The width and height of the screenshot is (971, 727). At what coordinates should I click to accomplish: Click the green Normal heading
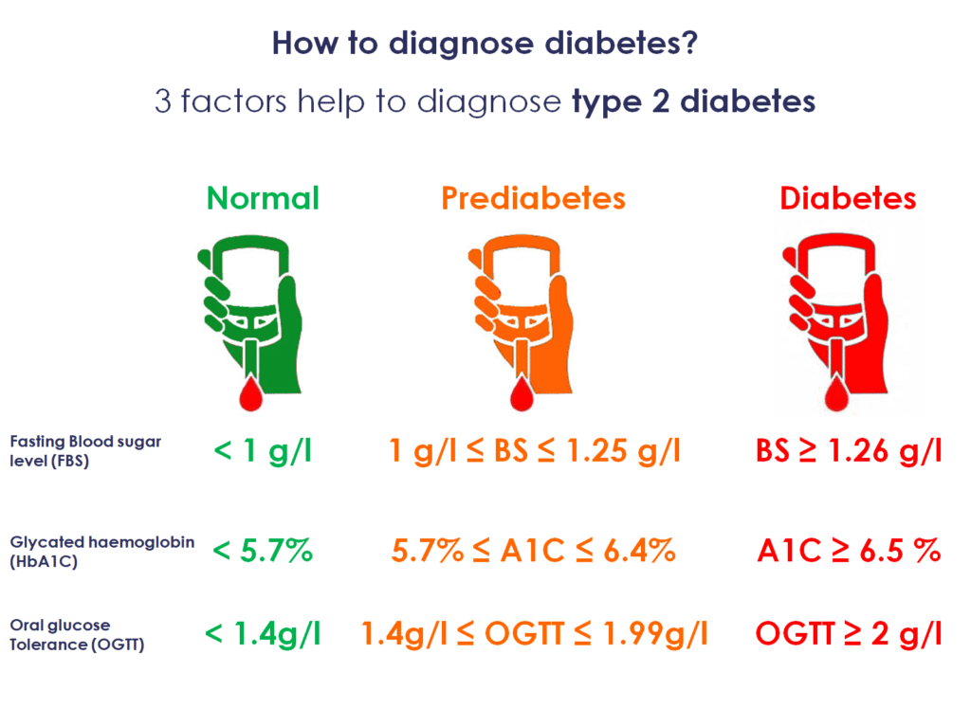[x=264, y=198]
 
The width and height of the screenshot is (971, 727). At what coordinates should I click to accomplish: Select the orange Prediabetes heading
[x=533, y=198]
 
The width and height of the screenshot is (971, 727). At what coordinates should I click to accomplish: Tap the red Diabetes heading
[x=848, y=198]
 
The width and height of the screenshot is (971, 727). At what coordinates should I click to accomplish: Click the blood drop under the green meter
[x=250, y=393]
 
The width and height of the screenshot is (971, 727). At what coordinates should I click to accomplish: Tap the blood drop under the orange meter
[x=522, y=393]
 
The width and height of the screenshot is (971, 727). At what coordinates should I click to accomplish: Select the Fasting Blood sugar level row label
[x=85, y=451]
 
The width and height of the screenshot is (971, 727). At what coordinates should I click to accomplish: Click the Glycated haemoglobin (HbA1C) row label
[x=102, y=551]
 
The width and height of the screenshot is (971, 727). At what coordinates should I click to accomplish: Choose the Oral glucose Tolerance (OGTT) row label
[x=77, y=635]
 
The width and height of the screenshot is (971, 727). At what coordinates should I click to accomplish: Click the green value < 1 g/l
[x=263, y=450]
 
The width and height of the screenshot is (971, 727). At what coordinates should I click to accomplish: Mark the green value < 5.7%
[x=263, y=551]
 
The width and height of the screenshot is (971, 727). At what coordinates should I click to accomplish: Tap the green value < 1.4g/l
[x=263, y=633]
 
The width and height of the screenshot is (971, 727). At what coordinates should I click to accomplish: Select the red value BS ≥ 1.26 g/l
[x=849, y=450]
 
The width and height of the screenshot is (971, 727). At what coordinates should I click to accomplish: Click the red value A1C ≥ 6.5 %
[x=849, y=551]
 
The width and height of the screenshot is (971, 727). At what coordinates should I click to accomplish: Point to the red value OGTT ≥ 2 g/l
[x=849, y=633]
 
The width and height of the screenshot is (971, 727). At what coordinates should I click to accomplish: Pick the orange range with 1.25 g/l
[x=535, y=450]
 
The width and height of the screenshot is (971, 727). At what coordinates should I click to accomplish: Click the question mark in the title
[x=689, y=43]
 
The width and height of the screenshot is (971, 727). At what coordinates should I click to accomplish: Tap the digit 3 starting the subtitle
[x=163, y=100]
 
